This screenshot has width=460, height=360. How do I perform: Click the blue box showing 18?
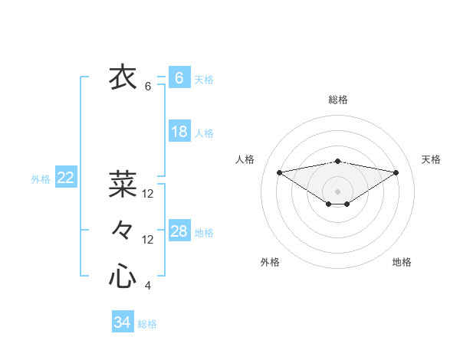click(x=179, y=132)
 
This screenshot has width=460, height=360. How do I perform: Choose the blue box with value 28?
click(x=179, y=231)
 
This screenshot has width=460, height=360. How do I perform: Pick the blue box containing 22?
click(x=66, y=178)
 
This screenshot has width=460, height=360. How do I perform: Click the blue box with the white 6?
click(x=179, y=78)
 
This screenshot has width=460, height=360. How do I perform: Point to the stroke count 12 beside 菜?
click(x=148, y=194)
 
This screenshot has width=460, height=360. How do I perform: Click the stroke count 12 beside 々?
click(x=148, y=240)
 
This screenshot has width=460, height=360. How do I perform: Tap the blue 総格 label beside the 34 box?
click(x=147, y=324)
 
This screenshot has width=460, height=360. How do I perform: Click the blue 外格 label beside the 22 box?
click(x=41, y=179)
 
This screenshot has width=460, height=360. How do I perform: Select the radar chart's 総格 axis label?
click(x=337, y=100)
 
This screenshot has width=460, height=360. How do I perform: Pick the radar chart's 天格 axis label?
click(x=431, y=159)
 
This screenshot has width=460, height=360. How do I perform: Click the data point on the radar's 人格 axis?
click(x=279, y=172)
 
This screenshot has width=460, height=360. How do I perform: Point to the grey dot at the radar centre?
click(x=337, y=191)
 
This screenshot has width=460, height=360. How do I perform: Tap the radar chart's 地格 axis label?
click(x=402, y=262)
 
